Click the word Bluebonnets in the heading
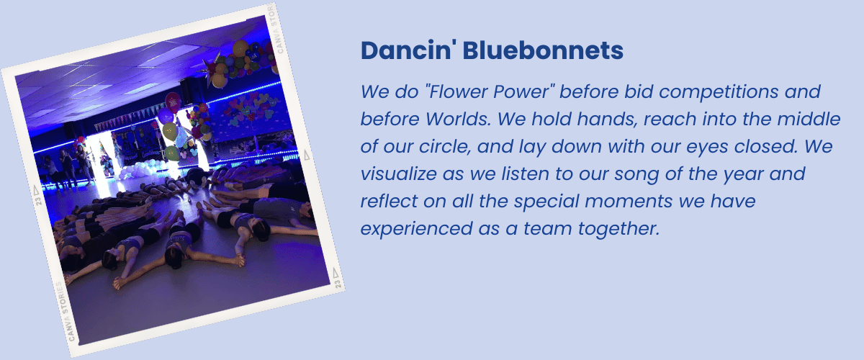(x=543, y=50)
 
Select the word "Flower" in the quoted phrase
(x=455, y=92)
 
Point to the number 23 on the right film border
(x=338, y=284)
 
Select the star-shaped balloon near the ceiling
(x=212, y=71)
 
